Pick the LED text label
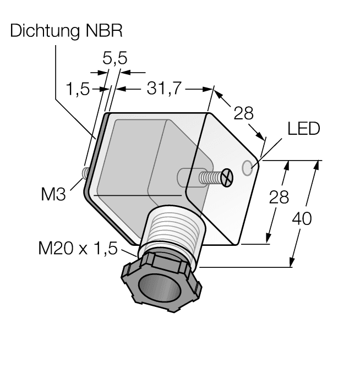click(x=303, y=130)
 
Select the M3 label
click(x=53, y=194)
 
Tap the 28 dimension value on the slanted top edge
click(x=243, y=114)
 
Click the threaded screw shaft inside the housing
click(x=210, y=178)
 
